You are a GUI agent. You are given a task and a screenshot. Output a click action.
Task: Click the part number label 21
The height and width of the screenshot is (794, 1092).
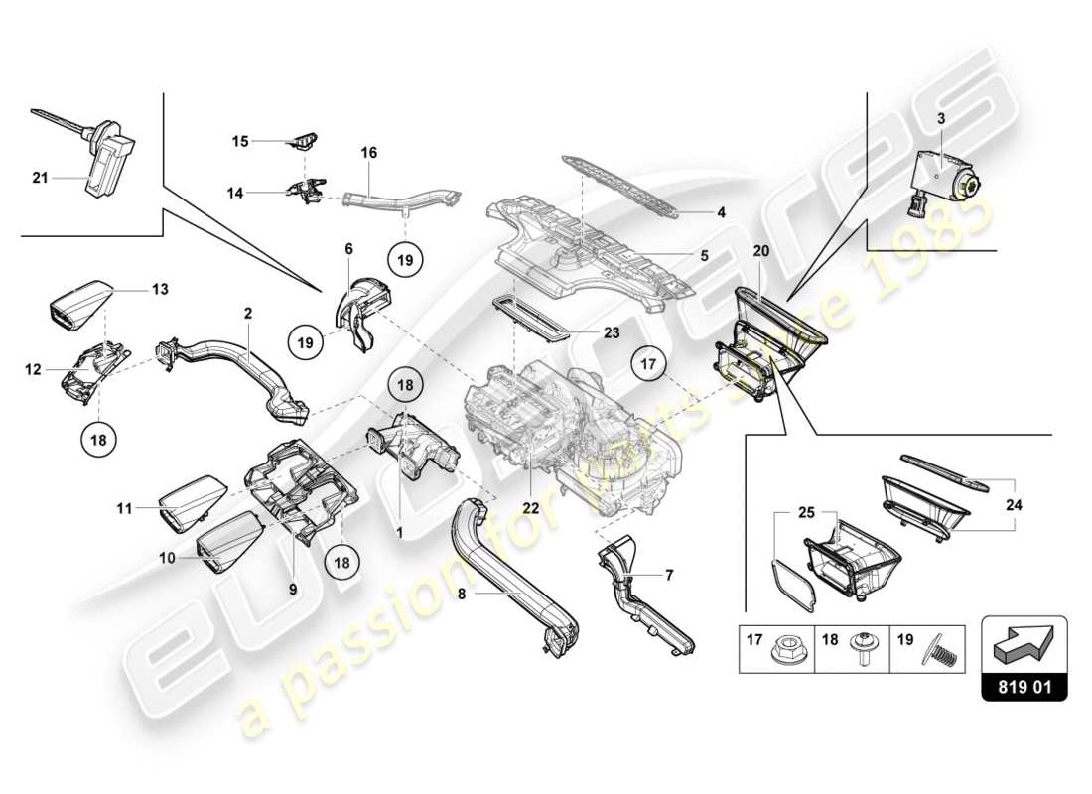pos(40,178)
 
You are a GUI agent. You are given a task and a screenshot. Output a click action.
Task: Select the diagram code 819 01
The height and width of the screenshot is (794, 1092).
pos(1024,685)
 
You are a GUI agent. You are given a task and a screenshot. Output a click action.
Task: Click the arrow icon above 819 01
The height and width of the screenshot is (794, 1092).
pos(1024,643)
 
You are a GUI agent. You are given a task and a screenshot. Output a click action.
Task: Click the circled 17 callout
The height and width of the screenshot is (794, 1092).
pos(648,365)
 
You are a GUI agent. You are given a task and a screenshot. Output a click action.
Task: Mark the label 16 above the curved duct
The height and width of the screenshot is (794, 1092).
pos(368,153)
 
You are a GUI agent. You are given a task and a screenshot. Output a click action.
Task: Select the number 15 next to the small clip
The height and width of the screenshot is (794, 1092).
pos(240,142)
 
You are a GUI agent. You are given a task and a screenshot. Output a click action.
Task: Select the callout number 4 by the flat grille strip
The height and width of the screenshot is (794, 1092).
pos(722,211)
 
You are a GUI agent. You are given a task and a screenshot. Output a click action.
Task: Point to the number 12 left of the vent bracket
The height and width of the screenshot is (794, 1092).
pos(33,369)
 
